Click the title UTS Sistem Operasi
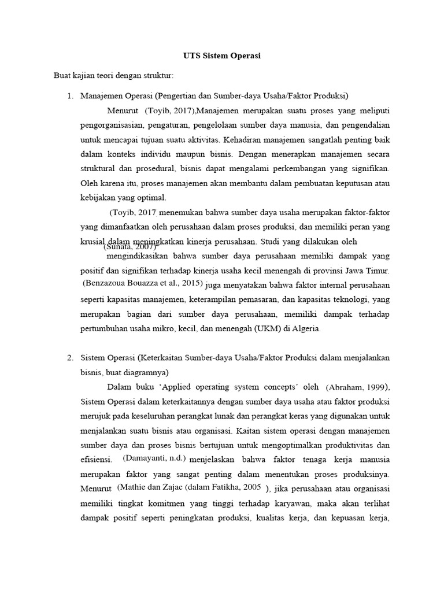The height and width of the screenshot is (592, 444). (x=222, y=56)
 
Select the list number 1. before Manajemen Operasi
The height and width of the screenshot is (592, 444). (x=71, y=95)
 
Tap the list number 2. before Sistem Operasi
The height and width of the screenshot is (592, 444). (x=71, y=358)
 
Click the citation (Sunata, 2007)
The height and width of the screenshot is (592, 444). (x=130, y=247)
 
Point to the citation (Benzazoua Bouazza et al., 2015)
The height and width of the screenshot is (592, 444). (x=143, y=283)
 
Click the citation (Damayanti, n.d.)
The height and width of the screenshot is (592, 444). (x=154, y=458)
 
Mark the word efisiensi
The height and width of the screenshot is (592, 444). (x=95, y=459)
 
